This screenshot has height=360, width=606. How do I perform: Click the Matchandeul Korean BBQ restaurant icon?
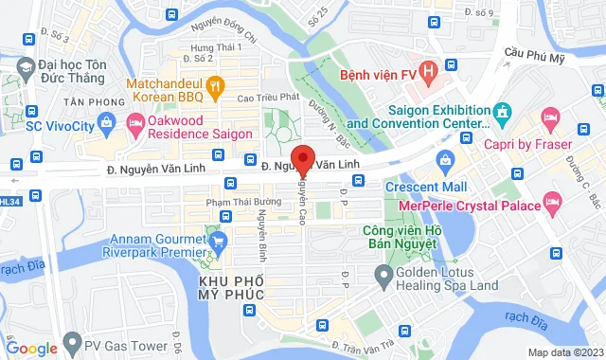(x=215, y=85)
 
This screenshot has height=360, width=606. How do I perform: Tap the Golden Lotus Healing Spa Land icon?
(x=383, y=277)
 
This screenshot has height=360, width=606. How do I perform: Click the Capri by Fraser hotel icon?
(x=550, y=117)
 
